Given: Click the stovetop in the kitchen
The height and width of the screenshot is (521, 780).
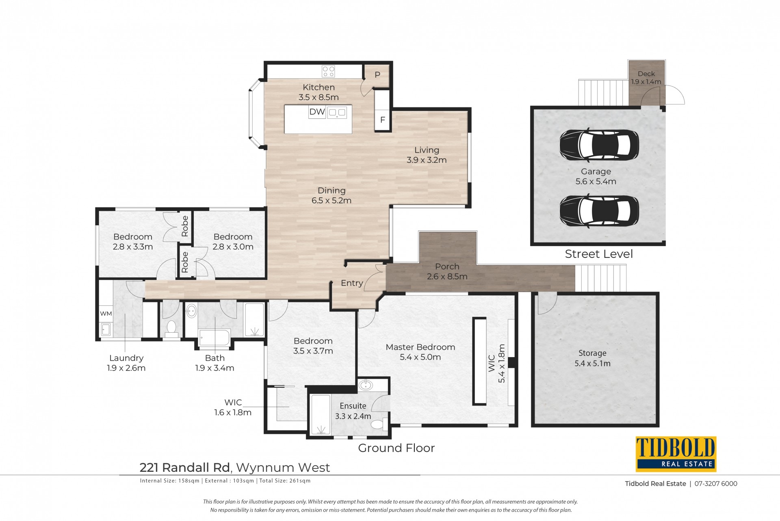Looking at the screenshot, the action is (328, 72).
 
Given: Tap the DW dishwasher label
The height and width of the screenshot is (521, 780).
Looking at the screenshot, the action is (317, 112).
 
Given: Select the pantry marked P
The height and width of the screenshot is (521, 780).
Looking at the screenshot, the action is (377, 75).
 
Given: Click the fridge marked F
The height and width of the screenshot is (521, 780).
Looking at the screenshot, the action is (382, 120).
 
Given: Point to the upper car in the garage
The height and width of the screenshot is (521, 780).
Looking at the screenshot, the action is (599, 144).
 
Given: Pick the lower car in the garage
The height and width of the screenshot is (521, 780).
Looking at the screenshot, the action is (599, 211).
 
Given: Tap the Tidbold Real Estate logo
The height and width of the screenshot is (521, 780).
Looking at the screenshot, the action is (676, 454).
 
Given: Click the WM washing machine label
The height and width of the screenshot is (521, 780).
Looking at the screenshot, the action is (106, 314).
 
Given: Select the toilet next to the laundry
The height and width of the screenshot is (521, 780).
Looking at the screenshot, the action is (171, 329).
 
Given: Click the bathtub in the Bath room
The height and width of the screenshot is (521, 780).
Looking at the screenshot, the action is (214, 338).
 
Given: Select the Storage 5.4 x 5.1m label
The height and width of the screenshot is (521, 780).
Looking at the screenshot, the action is (592, 358).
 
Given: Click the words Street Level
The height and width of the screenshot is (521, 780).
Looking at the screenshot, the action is (599, 254).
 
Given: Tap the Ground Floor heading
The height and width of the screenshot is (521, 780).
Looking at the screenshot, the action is (396, 448).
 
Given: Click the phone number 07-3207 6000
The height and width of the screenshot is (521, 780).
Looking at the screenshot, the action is (716, 484).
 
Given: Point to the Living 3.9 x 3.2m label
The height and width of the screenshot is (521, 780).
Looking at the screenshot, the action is (427, 155).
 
